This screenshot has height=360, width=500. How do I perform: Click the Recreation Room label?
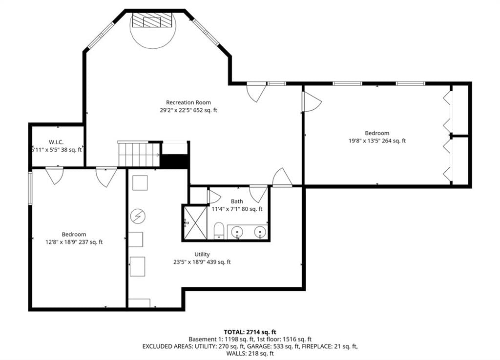[x=188, y=102]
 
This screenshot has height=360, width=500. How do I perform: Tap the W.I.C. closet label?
[x=56, y=142]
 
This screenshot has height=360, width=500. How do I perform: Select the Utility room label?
[x=202, y=254]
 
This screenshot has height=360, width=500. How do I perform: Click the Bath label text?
[x=237, y=201]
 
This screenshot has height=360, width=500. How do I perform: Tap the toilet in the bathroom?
[x=219, y=230]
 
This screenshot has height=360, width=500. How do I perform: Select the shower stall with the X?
[x=194, y=222]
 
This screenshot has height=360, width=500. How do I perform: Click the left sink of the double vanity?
[x=237, y=231]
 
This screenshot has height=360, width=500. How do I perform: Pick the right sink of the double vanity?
[x=261, y=231]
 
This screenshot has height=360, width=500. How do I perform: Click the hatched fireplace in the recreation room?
[x=152, y=20]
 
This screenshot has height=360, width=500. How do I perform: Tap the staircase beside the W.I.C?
[x=139, y=154]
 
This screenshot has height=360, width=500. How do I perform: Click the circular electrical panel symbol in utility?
[x=138, y=217]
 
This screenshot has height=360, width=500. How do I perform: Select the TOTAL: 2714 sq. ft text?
[x=250, y=332]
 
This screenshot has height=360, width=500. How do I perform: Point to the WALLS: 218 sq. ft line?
[x=250, y=353]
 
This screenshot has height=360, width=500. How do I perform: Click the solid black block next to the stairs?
[x=174, y=161]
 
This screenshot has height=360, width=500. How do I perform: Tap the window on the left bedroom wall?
[x=30, y=188]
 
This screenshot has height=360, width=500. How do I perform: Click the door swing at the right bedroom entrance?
[x=312, y=101]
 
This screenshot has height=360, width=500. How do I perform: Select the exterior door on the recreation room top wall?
[x=257, y=92]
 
